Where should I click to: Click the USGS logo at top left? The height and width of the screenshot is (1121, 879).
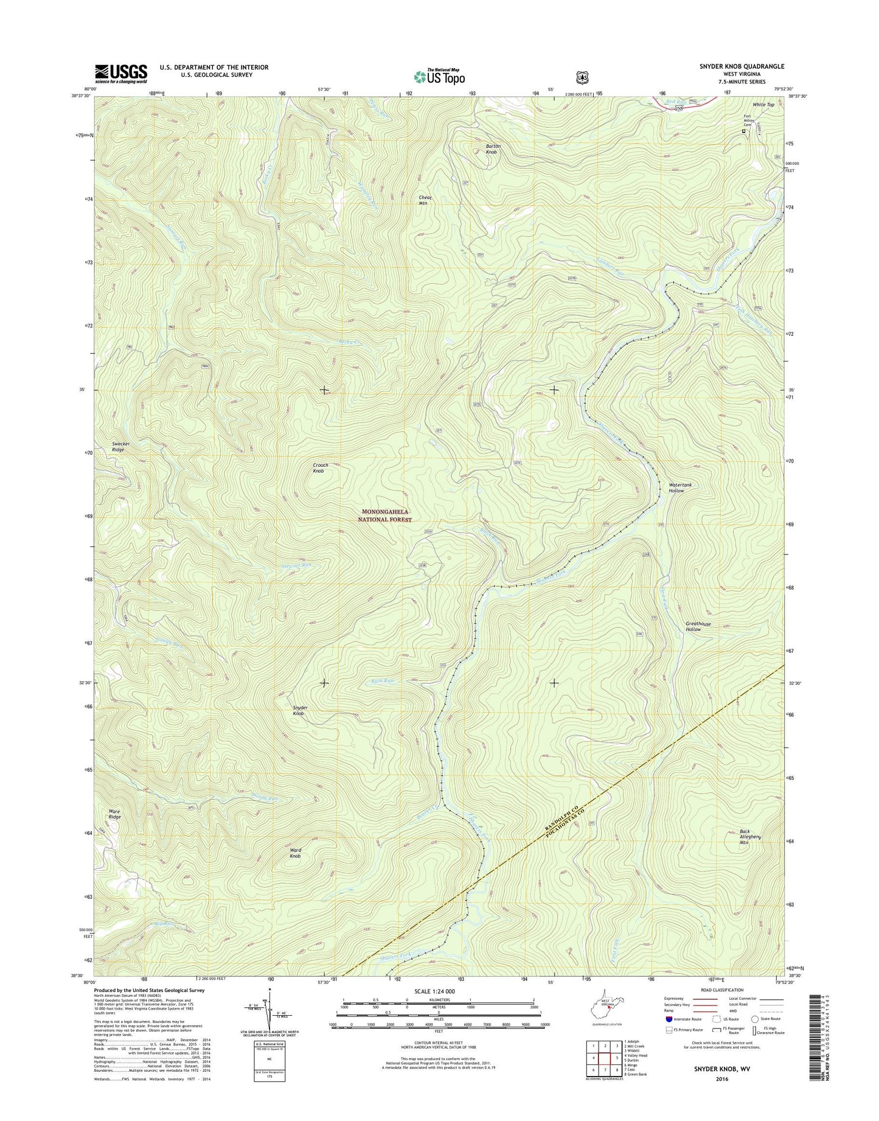pyautogui.click(x=121, y=74)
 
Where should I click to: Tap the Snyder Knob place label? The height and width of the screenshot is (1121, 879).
pyautogui.click(x=300, y=710)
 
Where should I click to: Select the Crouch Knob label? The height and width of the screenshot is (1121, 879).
pyautogui.click(x=320, y=468)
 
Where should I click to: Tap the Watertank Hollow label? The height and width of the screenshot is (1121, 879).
pyautogui.click(x=680, y=487)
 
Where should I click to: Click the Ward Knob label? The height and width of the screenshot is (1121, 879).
pyautogui.click(x=295, y=853)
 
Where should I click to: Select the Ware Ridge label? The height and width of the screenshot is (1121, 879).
pyautogui.click(x=114, y=814)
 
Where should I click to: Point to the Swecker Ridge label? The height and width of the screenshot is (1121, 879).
pyautogui.click(x=120, y=447)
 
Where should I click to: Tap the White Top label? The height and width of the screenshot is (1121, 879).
pyautogui.click(x=763, y=105)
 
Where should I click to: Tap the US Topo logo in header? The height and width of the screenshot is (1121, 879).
pyautogui.click(x=439, y=77)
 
